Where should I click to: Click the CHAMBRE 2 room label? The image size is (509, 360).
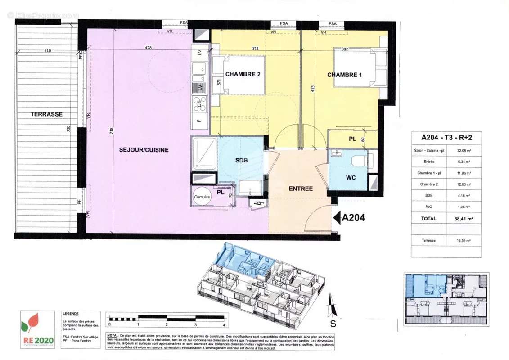click(243, 74)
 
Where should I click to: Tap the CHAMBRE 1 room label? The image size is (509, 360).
click(344, 75)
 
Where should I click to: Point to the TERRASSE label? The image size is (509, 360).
click(46, 114)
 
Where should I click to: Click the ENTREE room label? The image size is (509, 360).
click(300, 189)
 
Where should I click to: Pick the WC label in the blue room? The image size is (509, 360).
click(351, 178)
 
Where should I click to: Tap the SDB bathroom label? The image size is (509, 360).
click(242, 161)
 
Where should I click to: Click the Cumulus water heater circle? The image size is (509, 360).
click(202, 197)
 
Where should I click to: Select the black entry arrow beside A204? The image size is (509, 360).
click(337, 218)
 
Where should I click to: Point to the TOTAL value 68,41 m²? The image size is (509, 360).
click(463, 219)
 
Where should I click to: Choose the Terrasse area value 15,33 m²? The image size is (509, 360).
click(463, 241)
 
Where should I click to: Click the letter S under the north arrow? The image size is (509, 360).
click(333, 323)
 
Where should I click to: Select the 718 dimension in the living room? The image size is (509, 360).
click(111, 131)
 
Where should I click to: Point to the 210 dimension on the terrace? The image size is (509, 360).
click(48, 50)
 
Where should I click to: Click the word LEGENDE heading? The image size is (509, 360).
click(71, 313)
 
